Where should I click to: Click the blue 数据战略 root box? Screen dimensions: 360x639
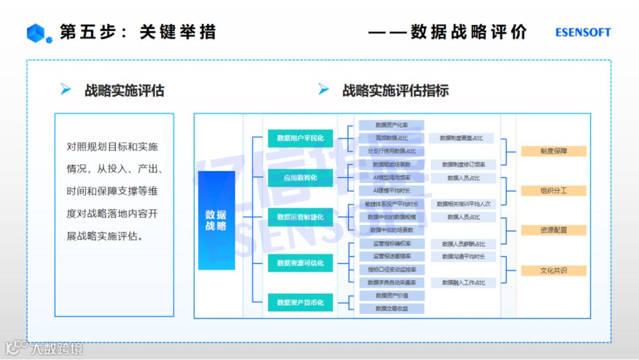(217, 220)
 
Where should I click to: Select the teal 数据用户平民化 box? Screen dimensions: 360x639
(300, 138)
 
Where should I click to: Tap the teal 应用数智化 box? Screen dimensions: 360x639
(300, 178)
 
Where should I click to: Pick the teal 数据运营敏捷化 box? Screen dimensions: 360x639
(300, 217)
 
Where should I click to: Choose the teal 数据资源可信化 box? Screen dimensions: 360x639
(300, 263)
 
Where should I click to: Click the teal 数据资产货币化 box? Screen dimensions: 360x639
(300, 303)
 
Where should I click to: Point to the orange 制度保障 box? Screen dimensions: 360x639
(553, 151)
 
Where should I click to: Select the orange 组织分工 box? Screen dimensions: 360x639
(553, 191)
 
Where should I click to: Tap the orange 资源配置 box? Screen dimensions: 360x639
(553, 230)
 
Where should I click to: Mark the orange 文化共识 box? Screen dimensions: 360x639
(553, 271)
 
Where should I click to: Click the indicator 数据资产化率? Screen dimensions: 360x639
(392, 125)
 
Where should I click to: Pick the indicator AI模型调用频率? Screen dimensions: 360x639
(392, 178)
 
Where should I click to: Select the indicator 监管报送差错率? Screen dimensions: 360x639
(392, 256)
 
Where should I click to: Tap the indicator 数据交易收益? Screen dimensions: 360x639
(392, 308)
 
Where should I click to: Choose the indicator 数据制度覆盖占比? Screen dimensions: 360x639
(461, 138)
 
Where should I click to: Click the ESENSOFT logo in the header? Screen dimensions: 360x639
(583, 33)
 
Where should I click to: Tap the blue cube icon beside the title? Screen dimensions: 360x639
(35, 33)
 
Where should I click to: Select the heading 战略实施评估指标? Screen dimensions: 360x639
(395, 91)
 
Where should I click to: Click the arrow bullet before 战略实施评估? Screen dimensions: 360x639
(66, 90)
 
